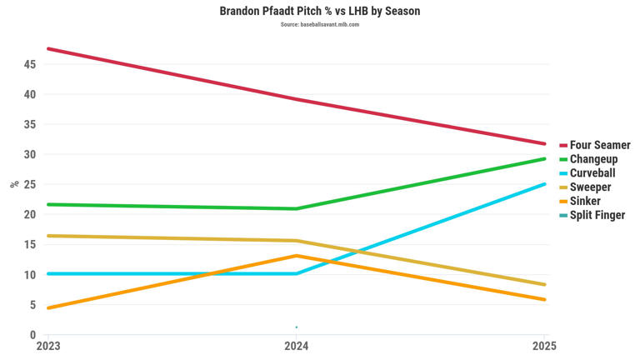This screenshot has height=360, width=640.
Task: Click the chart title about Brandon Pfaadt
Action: (320, 11)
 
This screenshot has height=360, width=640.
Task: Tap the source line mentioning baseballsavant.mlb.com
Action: (320, 25)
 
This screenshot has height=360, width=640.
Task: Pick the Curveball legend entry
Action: (596, 173)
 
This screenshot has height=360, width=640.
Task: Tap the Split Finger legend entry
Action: (597, 216)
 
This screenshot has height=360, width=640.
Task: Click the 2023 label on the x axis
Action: (47, 345)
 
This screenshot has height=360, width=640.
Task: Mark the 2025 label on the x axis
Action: (544, 345)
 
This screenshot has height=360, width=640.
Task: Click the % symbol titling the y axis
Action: (14, 184)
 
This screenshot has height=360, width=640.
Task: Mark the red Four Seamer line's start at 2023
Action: (48, 49)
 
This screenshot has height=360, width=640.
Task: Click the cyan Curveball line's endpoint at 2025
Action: (544, 184)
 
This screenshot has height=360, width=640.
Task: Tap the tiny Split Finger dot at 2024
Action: (297, 327)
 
